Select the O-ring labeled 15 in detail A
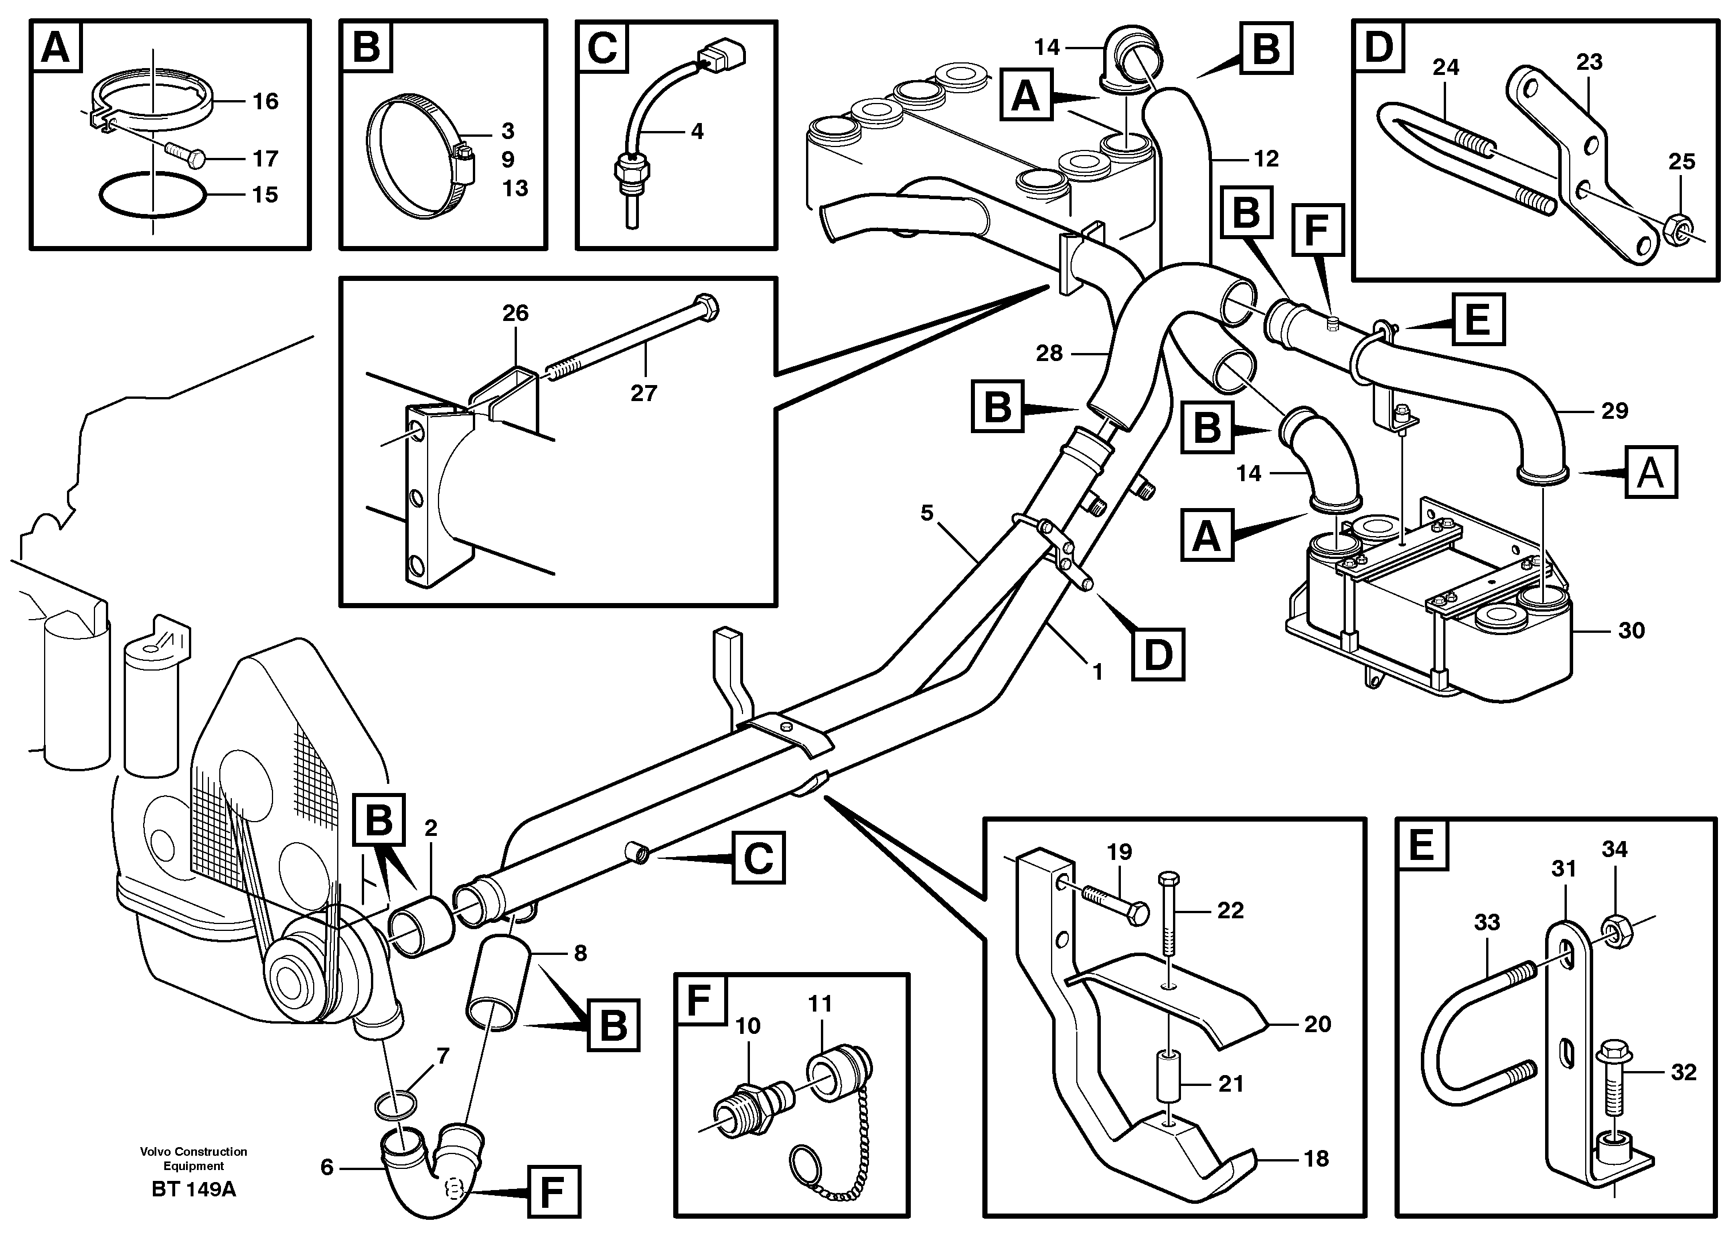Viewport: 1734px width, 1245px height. [152, 196]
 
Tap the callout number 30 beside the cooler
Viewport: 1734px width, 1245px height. [1631, 631]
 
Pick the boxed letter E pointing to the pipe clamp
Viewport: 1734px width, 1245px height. [1476, 319]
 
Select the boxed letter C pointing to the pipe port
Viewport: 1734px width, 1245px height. [758, 858]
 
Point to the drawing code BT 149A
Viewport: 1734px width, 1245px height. [193, 1190]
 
